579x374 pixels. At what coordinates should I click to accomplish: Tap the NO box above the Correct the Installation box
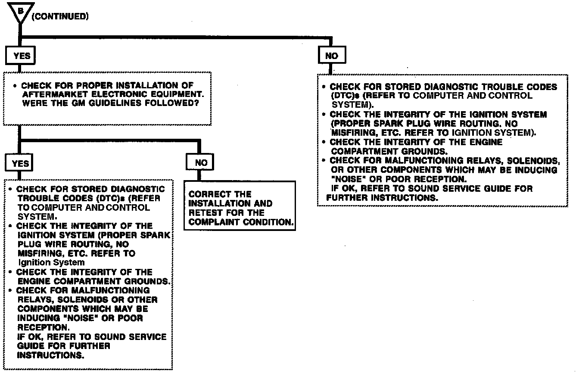pos(201,163)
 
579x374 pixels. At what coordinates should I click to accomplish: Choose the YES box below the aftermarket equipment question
pos(20,163)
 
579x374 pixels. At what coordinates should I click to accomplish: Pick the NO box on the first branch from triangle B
pos(332,56)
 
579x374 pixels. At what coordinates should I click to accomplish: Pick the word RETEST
pos(205,213)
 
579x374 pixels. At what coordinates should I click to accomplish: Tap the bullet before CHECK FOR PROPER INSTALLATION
pos(15,86)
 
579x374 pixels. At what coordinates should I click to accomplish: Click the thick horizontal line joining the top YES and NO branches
pos(172,37)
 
